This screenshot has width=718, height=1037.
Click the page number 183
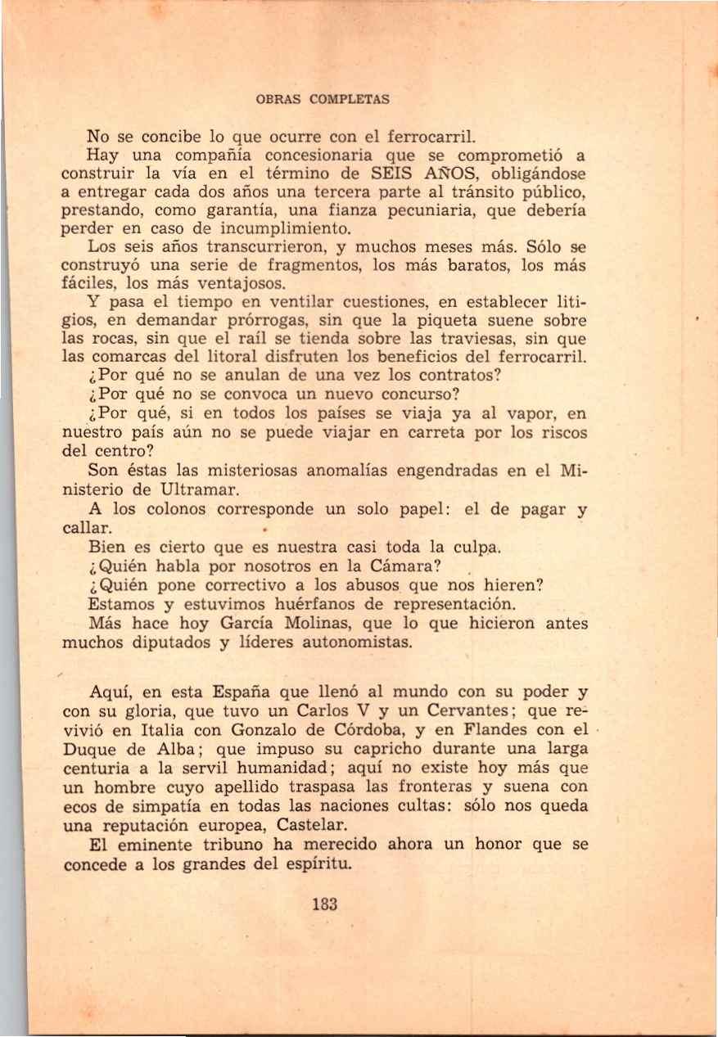[x=325, y=904]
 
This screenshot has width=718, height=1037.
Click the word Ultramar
[x=200, y=490]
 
